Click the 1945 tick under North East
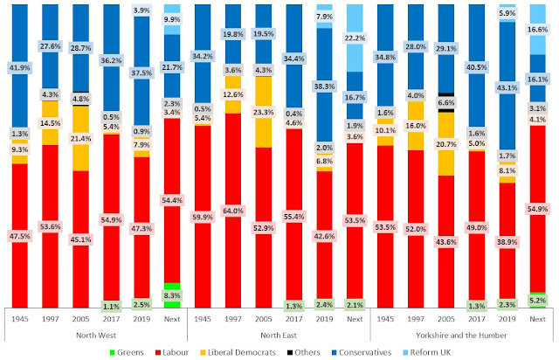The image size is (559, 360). point(204,318)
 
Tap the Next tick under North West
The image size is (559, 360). point(172,318)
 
